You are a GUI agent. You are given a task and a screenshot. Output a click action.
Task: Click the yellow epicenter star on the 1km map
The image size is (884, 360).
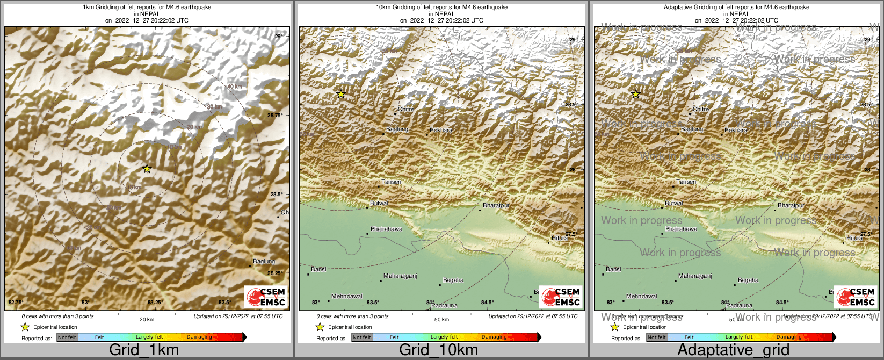147,169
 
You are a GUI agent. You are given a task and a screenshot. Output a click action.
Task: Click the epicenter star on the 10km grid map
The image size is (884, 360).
341,94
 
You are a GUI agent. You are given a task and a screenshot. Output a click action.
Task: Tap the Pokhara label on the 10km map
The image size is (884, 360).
441,130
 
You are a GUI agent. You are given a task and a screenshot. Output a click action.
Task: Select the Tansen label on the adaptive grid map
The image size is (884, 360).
686,182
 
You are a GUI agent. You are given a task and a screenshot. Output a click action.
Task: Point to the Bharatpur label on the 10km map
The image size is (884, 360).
496,206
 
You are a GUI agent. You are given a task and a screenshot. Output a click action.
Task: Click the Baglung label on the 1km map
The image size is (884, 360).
264,262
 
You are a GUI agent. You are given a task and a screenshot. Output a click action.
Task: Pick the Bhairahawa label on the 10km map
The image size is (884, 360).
387,229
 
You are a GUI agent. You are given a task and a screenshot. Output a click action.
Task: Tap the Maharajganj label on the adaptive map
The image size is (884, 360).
695,276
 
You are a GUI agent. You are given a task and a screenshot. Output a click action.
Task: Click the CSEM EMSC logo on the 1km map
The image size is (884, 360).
266,297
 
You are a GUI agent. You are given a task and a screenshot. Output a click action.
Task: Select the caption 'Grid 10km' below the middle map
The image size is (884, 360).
438,350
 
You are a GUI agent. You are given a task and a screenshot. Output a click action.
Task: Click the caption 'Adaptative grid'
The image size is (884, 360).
733,350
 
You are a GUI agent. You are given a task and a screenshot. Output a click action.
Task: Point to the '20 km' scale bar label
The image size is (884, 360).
147,320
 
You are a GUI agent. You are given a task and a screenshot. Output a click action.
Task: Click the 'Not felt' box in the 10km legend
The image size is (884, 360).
362,337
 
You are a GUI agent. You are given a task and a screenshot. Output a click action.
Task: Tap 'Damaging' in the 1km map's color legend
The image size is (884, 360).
199,337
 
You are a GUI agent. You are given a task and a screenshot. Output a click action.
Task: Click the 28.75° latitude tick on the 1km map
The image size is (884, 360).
275,115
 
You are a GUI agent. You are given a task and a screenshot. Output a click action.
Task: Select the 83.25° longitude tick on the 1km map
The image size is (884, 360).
155,303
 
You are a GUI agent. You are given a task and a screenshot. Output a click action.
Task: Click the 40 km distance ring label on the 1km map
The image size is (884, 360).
234,87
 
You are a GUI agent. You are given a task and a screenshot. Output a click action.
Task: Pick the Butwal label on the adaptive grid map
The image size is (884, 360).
674,204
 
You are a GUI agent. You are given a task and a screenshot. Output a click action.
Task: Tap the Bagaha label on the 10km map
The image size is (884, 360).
453,280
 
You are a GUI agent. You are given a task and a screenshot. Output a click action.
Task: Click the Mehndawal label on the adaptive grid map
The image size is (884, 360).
641,297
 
